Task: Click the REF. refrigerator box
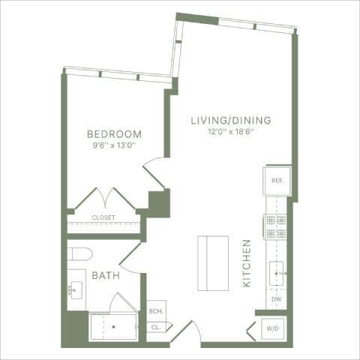(x=276, y=181)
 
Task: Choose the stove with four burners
(x=275, y=226)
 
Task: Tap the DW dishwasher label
(x=276, y=300)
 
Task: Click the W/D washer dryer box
(x=271, y=328)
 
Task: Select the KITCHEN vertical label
(x=247, y=263)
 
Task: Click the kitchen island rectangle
(x=213, y=263)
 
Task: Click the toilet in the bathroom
(x=79, y=253)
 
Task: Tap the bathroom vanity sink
(x=76, y=289)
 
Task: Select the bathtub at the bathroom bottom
(x=113, y=327)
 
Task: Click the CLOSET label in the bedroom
(x=103, y=218)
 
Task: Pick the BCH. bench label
(x=156, y=311)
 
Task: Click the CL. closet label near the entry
(x=156, y=328)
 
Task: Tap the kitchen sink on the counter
(x=277, y=274)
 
